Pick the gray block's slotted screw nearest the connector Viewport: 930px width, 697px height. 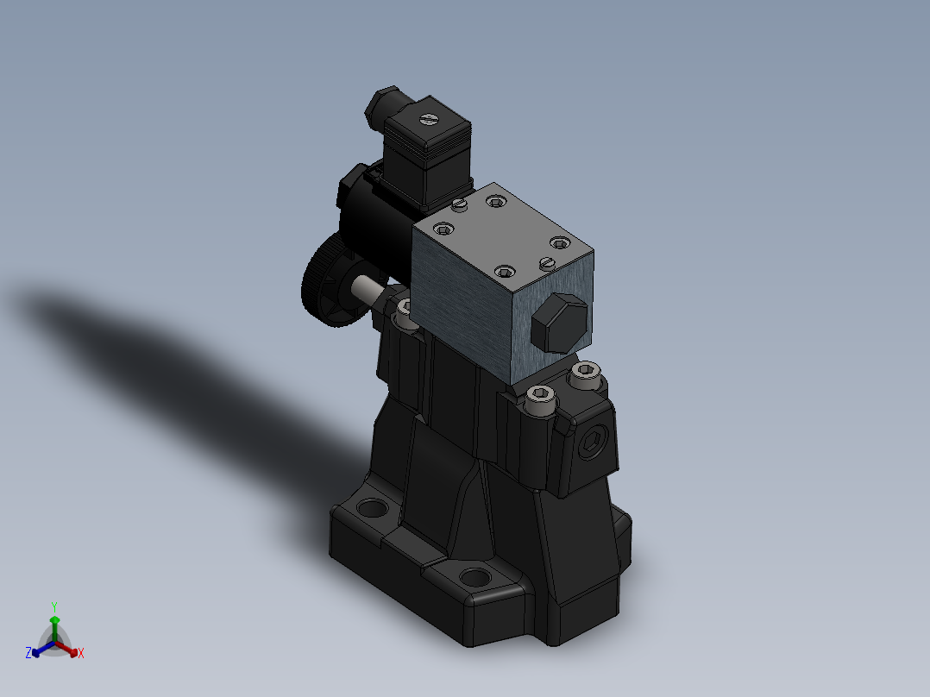click(459, 204)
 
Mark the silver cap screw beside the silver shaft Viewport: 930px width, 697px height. click(405, 308)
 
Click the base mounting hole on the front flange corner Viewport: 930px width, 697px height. click(474, 577)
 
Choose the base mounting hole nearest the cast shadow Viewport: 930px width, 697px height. click(373, 507)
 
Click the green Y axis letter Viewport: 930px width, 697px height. click(53, 606)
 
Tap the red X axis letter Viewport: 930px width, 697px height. click(81, 654)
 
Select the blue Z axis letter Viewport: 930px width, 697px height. click(28, 654)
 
